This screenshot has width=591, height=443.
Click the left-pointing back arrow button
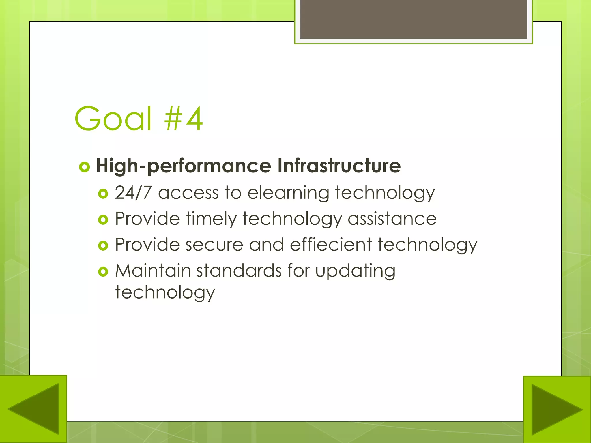(x=33, y=409)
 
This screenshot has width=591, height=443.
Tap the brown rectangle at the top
(x=414, y=19)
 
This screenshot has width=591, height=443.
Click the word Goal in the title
(x=113, y=119)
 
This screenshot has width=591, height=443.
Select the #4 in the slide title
(x=184, y=119)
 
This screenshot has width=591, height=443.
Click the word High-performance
(x=184, y=166)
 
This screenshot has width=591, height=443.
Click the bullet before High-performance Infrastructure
(x=85, y=167)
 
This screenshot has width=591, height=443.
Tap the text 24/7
(x=133, y=192)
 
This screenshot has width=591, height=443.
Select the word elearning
(x=288, y=193)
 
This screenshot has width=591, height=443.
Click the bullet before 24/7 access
(x=103, y=194)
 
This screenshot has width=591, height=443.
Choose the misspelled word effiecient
(x=331, y=245)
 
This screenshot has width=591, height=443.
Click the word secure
(x=214, y=245)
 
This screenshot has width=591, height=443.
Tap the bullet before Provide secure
(x=103, y=245)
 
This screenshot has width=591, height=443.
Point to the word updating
(x=355, y=271)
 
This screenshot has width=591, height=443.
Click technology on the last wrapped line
(x=165, y=293)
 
